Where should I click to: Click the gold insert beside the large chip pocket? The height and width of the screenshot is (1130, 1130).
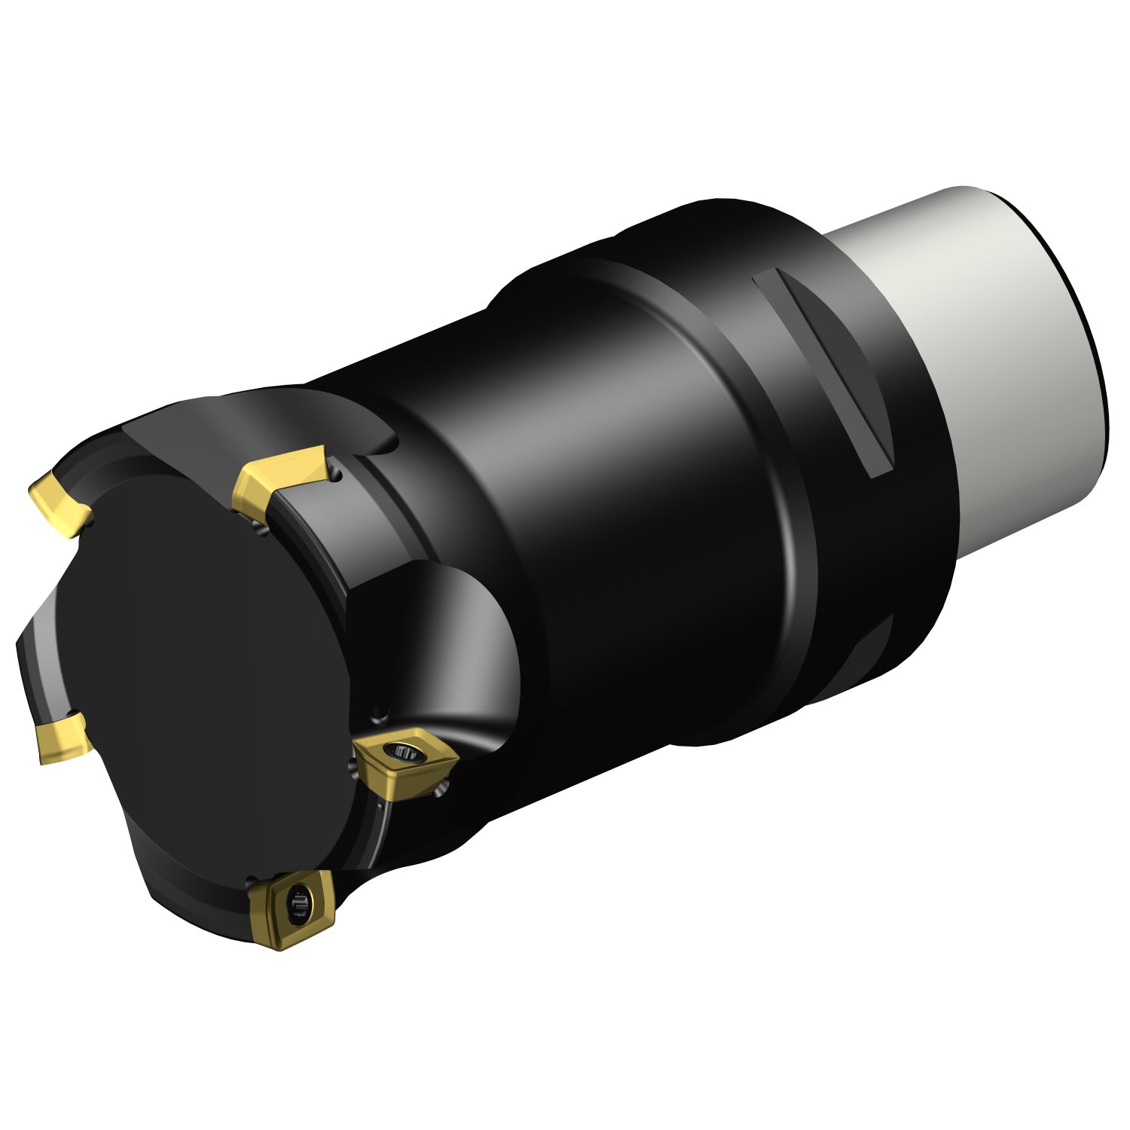[x=403, y=761]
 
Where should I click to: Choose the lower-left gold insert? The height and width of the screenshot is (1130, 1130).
[x=62, y=737]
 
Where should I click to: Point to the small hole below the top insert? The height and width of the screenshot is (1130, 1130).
[x=261, y=530]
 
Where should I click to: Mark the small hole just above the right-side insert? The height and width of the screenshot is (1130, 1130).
[x=381, y=711]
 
